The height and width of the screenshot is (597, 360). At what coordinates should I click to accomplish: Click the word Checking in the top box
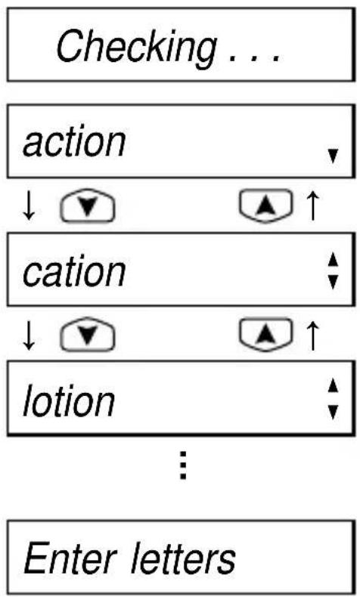coord(136,47)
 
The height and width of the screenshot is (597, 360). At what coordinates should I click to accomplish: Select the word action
coord(74,142)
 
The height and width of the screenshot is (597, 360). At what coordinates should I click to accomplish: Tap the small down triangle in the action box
coord(333,156)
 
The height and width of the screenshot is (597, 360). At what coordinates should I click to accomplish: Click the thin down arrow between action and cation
coord(29,206)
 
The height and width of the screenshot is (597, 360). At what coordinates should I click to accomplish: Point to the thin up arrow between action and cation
coord(312,206)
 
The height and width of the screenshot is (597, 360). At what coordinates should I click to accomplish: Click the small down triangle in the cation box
coord(333,282)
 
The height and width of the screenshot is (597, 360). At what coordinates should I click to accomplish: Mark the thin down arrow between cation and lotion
coord(29,336)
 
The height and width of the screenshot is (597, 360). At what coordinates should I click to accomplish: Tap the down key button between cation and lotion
coord(88,334)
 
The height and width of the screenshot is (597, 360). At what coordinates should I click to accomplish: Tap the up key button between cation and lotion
coord(266,334)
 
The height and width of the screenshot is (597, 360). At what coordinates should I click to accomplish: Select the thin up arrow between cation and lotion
coord(312,336)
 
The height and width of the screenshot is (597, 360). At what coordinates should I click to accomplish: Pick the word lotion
coord(69,401)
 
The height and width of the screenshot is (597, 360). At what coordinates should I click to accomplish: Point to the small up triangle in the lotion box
coord(333,385)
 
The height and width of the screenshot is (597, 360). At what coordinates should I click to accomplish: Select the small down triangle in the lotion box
coord(333,412)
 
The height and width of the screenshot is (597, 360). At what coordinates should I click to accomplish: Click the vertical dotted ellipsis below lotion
coord(183,465)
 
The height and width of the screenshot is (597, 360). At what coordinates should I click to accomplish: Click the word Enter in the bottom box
coord(70,558)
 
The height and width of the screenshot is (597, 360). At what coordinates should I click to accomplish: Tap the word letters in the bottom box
coord(184,558)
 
